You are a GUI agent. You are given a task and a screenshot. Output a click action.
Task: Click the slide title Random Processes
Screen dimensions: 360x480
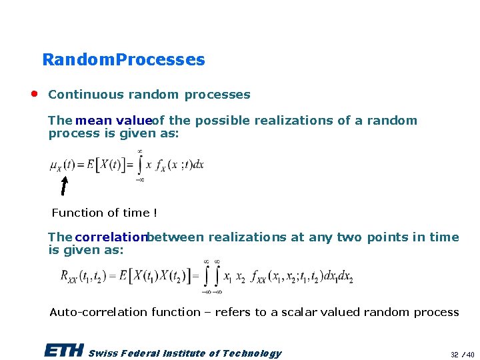click(x=123, y=60)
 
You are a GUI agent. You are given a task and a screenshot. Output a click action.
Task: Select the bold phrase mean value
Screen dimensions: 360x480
click(x=113, y=121)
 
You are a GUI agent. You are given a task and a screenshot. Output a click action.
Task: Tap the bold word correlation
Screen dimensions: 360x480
click(x=111, y=237)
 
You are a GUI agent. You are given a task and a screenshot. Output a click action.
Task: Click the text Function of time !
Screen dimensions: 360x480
click(x=105, y=213)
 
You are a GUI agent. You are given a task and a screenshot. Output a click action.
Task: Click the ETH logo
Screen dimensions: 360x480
click(x=64, y=351)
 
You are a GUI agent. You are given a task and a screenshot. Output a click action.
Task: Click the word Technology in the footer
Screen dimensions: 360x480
click(x=251, y=353)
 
